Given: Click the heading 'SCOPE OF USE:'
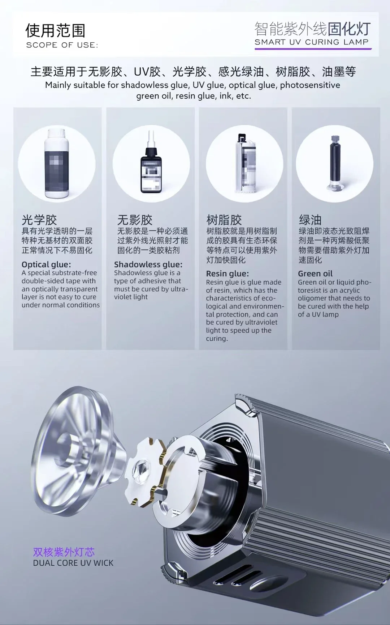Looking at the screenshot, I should [62, 45].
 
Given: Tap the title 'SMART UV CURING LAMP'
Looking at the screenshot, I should [312, 42].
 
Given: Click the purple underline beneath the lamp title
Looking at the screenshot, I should [313, 48].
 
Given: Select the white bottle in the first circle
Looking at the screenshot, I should [57, 163].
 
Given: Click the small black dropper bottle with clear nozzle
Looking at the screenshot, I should [151, 163].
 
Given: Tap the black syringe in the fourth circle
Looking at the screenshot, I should [335, 163].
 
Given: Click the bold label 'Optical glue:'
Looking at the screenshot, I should [46, 264].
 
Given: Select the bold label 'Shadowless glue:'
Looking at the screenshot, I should [148, 264].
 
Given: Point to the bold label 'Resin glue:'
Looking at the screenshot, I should [227, 274].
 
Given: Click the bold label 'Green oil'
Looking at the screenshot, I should [315, 274].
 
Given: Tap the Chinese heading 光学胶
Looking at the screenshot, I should [39, 220].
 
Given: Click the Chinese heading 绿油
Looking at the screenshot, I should [310, 220].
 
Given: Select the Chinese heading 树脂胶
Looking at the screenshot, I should [224, 220].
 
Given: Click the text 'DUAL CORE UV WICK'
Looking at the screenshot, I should [73, 563].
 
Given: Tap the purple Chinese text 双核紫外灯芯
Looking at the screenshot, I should [64, 552].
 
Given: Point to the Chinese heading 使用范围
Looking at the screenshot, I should [55, 31].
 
